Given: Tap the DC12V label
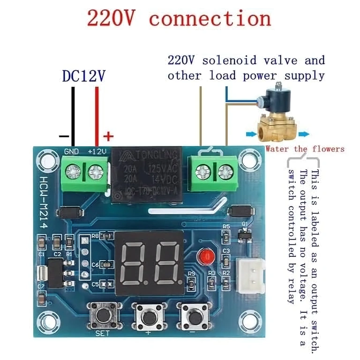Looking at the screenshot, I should tap(84, 76).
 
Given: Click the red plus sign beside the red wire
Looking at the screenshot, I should tap(108, 136).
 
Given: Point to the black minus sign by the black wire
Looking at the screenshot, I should tap(64, 136).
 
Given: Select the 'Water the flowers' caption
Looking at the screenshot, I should tap(304, 149).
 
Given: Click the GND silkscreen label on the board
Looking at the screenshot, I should tap(71, 152).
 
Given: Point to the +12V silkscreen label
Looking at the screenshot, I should tap(97, 152).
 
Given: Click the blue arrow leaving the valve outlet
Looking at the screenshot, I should tap(304, 134).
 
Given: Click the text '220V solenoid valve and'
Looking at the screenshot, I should tap(246, 60).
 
